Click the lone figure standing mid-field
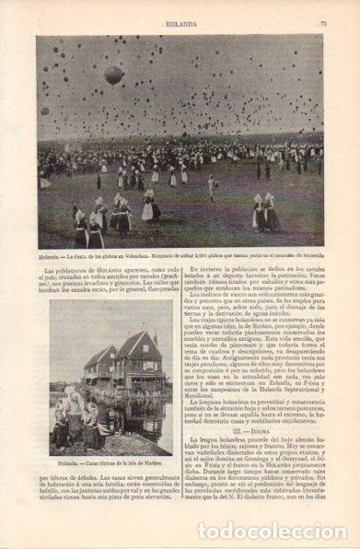(214, 184)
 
